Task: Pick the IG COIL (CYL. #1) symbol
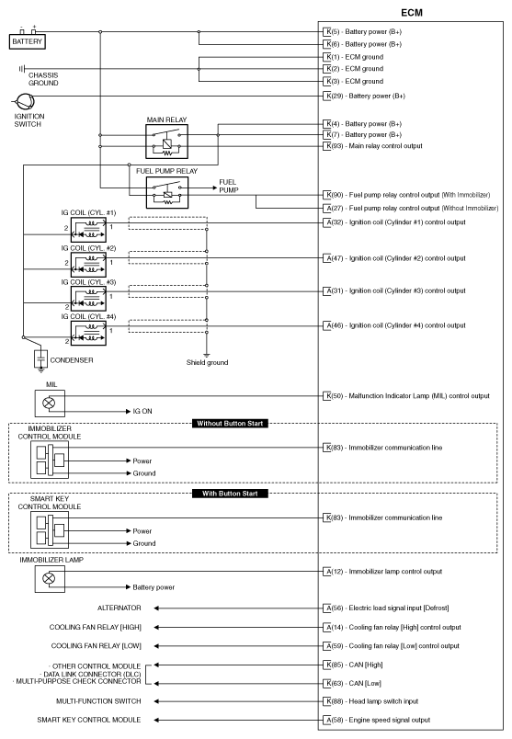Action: (88, 230)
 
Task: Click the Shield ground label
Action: (207, 362)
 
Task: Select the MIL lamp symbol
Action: (49, 403)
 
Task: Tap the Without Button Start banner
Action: (229, 424)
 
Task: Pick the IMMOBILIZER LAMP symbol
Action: (49, 578)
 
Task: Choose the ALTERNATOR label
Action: (120, 608)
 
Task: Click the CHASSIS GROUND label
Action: (43, 79)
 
